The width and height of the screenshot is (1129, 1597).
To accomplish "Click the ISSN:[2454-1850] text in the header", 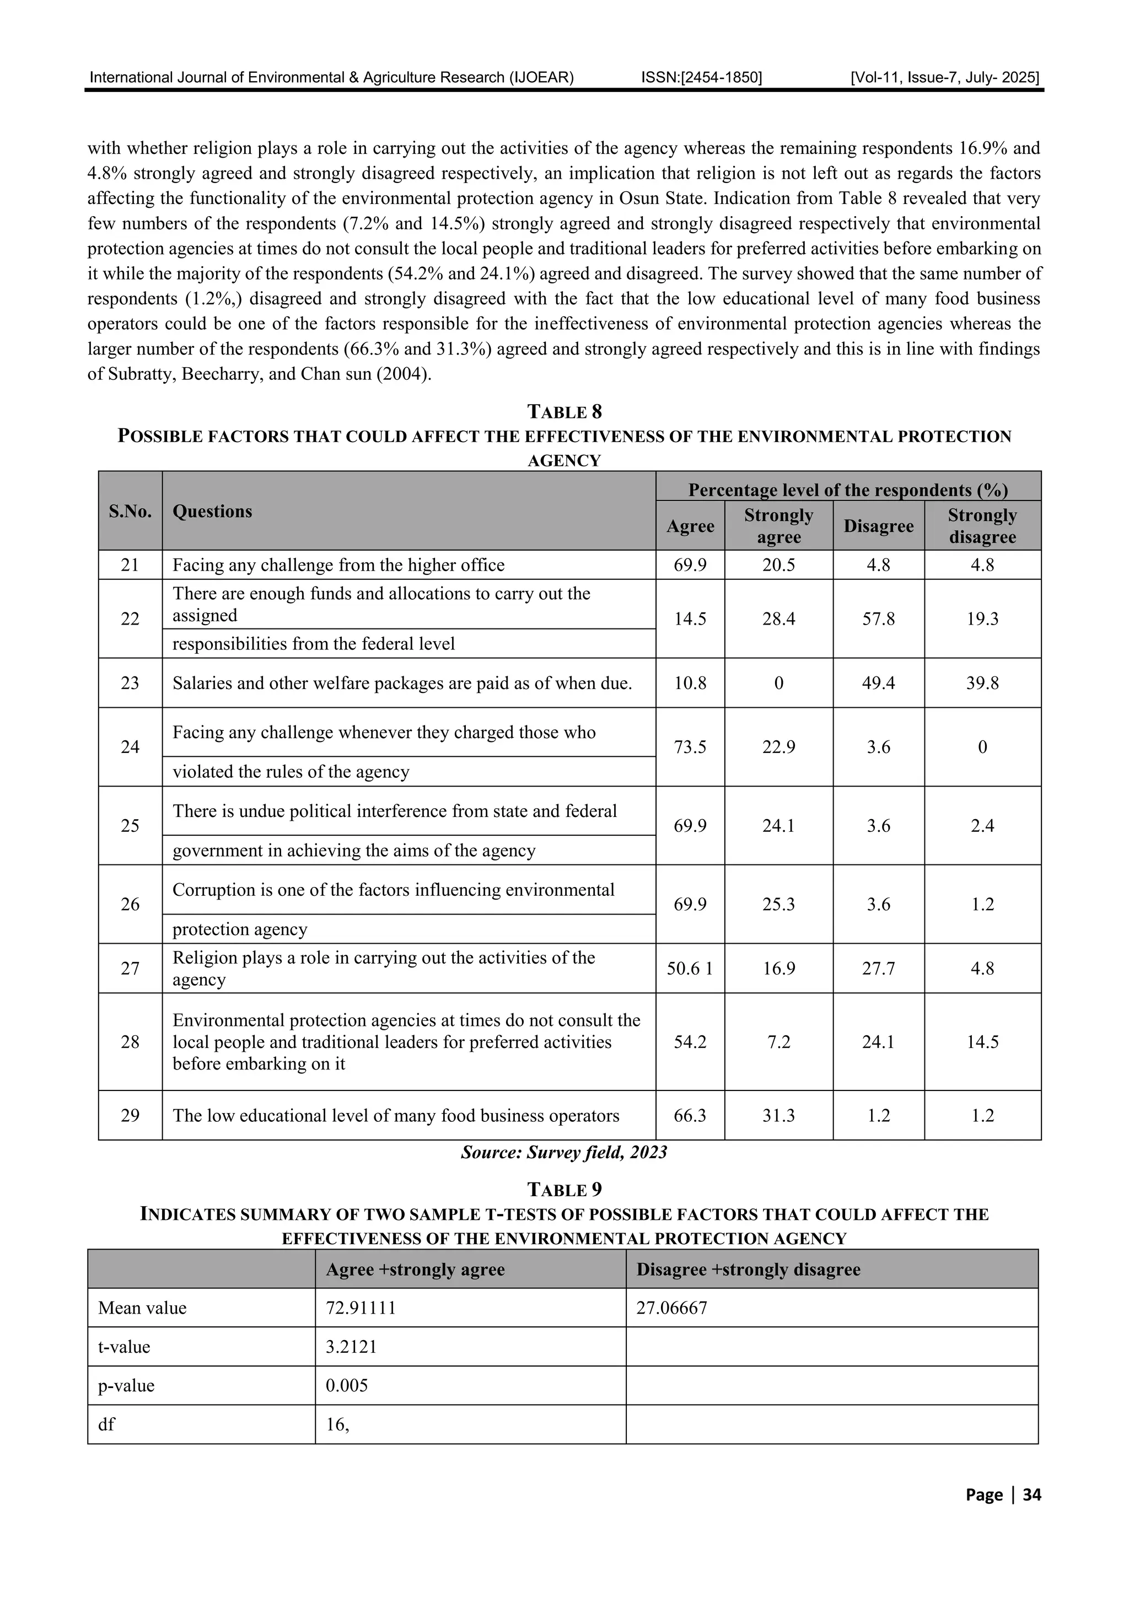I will tap(701, 77).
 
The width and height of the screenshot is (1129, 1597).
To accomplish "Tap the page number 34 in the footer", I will tap(1031, 1494).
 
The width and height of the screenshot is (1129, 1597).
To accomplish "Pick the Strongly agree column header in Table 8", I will tap(778, 526).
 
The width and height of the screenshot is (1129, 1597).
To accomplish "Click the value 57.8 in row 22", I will tap(878, 619).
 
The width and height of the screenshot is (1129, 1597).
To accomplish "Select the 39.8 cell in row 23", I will tap(982, 683).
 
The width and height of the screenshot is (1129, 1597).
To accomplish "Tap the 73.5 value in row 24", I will tap(690, 747).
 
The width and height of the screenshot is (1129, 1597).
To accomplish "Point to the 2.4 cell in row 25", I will tap(982, 826).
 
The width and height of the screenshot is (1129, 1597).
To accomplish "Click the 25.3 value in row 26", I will tap(778, 904).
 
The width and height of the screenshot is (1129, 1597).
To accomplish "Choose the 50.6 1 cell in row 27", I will tap(690, 968).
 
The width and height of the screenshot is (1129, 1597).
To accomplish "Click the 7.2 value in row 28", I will tap(778, 1042).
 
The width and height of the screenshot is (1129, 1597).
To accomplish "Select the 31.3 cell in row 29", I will tap(778, 1116).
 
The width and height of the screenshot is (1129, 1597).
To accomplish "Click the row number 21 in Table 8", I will tap(130, 565).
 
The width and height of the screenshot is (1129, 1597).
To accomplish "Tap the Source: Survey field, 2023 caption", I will tap(564, 1153).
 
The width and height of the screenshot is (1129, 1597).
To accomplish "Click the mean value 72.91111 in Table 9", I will tap(361, 1308).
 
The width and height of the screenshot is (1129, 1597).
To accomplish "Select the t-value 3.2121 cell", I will tap(351, 1347).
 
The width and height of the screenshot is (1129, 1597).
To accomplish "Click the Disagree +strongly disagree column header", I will tap(749, 1270).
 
